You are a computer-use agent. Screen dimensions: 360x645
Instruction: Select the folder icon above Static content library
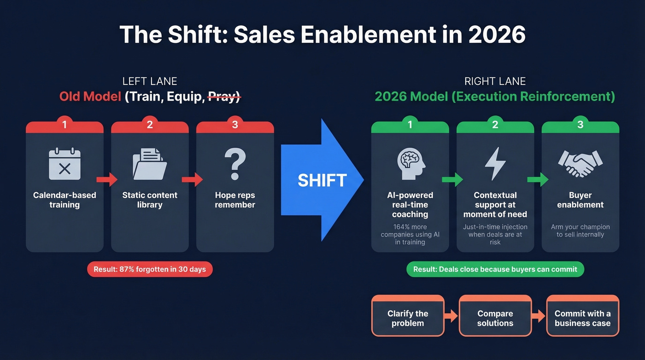click(x=150, y=164)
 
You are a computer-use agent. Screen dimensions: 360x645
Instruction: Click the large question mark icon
click(x=235, y=164)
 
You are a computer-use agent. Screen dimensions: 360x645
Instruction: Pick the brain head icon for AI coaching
click(x=410, y=164)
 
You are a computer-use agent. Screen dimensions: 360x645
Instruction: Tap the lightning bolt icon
click(x=495, y=164)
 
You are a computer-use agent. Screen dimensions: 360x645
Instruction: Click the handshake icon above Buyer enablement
click(x=580, y=164)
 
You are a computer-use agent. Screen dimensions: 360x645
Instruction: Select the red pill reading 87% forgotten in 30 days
click(x=150, y=269)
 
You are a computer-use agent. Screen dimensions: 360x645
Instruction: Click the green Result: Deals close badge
click(x=495, y=269)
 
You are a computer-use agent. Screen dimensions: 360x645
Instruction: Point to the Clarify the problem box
click(x=408, y=318)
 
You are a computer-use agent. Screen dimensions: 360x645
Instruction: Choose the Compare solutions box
click(x=495, y=318)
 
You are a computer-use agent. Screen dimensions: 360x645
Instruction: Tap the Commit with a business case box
click(x=582, y=318)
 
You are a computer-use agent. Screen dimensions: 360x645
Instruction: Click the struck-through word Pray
click(x=223, y=97)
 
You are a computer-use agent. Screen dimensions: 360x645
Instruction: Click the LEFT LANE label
click(x=150, y=82)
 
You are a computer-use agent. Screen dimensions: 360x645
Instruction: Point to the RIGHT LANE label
click(x=495, y=82)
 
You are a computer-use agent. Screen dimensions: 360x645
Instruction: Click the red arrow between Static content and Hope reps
click(x=193, y=179)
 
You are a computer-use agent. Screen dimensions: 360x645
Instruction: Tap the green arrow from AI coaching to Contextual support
click(x=452, y=179)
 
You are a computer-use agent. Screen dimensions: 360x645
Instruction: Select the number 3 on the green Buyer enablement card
click(x=580, y=124)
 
